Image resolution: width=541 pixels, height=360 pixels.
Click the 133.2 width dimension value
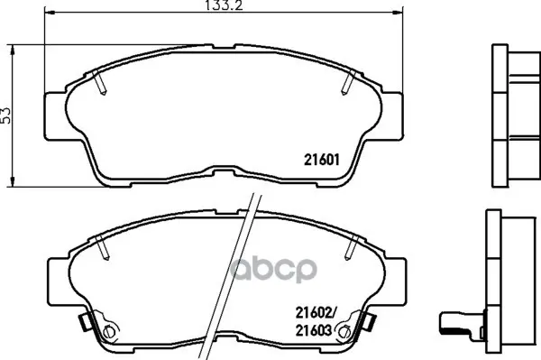coord(224,5)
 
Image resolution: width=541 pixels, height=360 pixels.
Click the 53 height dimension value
coord(5,115)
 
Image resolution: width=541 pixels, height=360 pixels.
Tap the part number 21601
coord(322,160)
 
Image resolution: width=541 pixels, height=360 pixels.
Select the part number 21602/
coord(315,313)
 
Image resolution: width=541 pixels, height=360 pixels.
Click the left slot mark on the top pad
coord(99,82)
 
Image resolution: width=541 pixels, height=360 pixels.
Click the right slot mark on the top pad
coord(348,82)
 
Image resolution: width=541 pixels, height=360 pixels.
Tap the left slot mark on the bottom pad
coord(103,247)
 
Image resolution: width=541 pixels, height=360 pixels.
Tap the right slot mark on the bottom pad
coord(353,247)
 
